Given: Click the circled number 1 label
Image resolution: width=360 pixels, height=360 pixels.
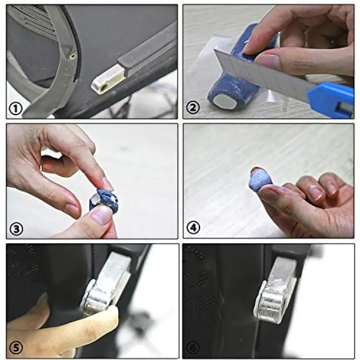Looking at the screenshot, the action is [16, 109].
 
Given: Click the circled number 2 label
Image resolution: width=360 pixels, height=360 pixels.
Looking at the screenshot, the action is [193, 108].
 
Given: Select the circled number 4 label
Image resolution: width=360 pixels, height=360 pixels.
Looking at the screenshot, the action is [193, 228].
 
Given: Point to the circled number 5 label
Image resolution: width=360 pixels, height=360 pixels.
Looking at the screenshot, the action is [16, 348].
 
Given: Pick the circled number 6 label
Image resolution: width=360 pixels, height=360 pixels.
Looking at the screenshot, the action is [192, 348].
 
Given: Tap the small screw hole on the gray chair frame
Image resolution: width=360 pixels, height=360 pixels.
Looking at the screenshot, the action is [73, 56].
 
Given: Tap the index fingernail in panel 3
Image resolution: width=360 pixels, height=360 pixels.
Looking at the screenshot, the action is [107, 184].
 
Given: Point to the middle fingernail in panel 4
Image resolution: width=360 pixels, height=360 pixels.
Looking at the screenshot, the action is [314, 193].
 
